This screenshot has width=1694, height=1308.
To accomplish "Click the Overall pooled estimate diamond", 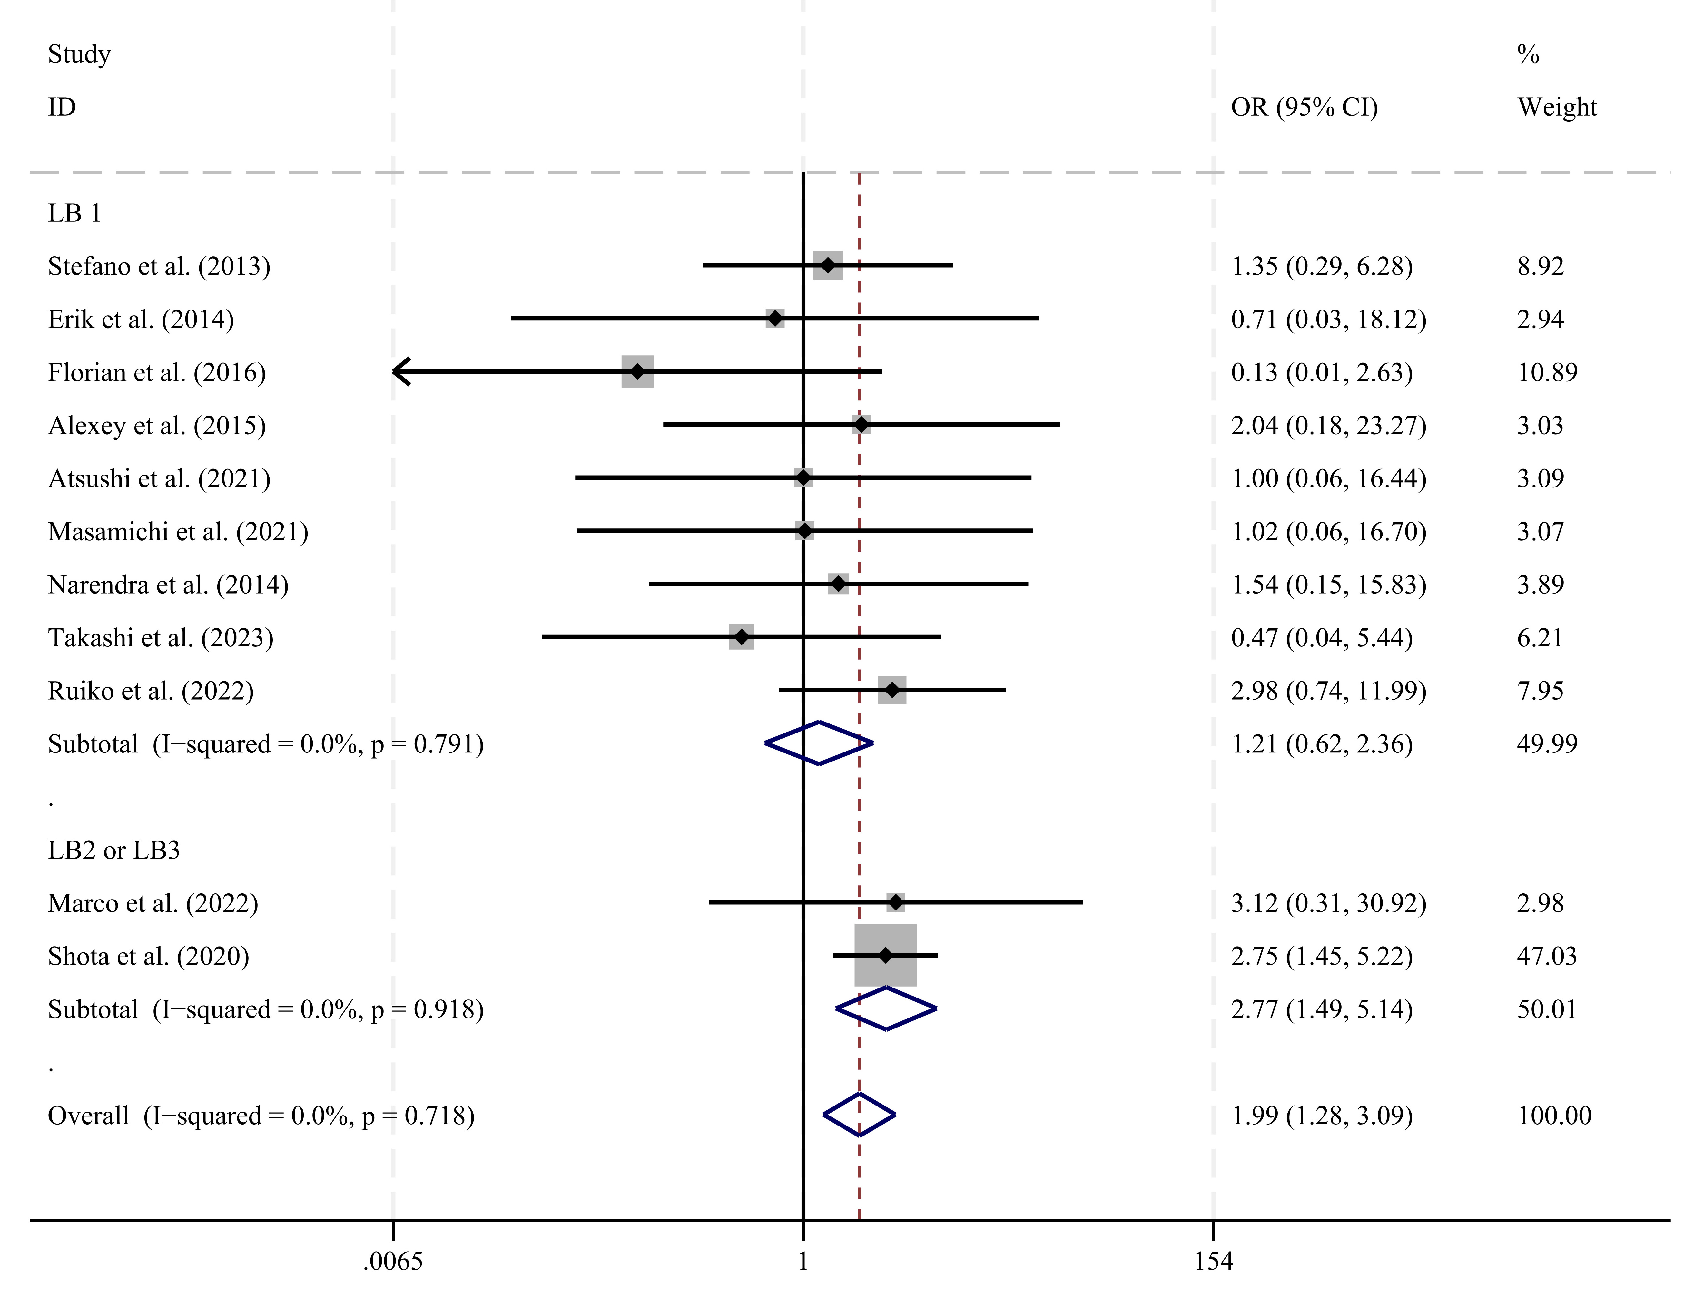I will (x=859, y=1115).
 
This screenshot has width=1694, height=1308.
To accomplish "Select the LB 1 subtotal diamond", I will (x=819, y=743).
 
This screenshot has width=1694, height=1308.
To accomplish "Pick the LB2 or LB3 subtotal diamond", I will (x=887, y=1008).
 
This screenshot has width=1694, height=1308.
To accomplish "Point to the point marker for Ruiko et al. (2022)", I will (x=892, y=690).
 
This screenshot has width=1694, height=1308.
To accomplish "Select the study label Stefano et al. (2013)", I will (x=159, y=266).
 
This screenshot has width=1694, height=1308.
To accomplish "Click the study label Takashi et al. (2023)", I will (x=161, y=638).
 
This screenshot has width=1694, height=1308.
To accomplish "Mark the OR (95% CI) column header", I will (x=1305, y=107).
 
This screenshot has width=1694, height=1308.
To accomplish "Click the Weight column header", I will (x=1557, y=107).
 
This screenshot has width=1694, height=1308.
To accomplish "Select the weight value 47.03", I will (x=1547, y=956).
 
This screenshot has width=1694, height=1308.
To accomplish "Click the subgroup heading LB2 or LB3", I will (x=114, y=850).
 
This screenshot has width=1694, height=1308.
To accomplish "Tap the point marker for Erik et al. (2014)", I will (x=775, y=318).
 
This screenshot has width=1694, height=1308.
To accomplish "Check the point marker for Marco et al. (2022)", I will (x=896, y=902).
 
